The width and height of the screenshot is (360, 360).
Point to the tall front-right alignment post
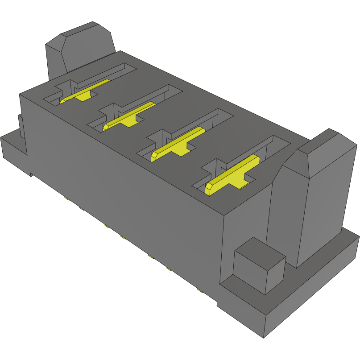(x=312, y=201)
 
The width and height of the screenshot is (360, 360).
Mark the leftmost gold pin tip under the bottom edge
(x=66, y=197)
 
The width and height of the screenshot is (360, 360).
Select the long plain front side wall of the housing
(x=125, y=178)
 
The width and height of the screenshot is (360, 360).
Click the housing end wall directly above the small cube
(x=245, y=223)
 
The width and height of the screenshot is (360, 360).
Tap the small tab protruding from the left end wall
(x=20, y=125)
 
